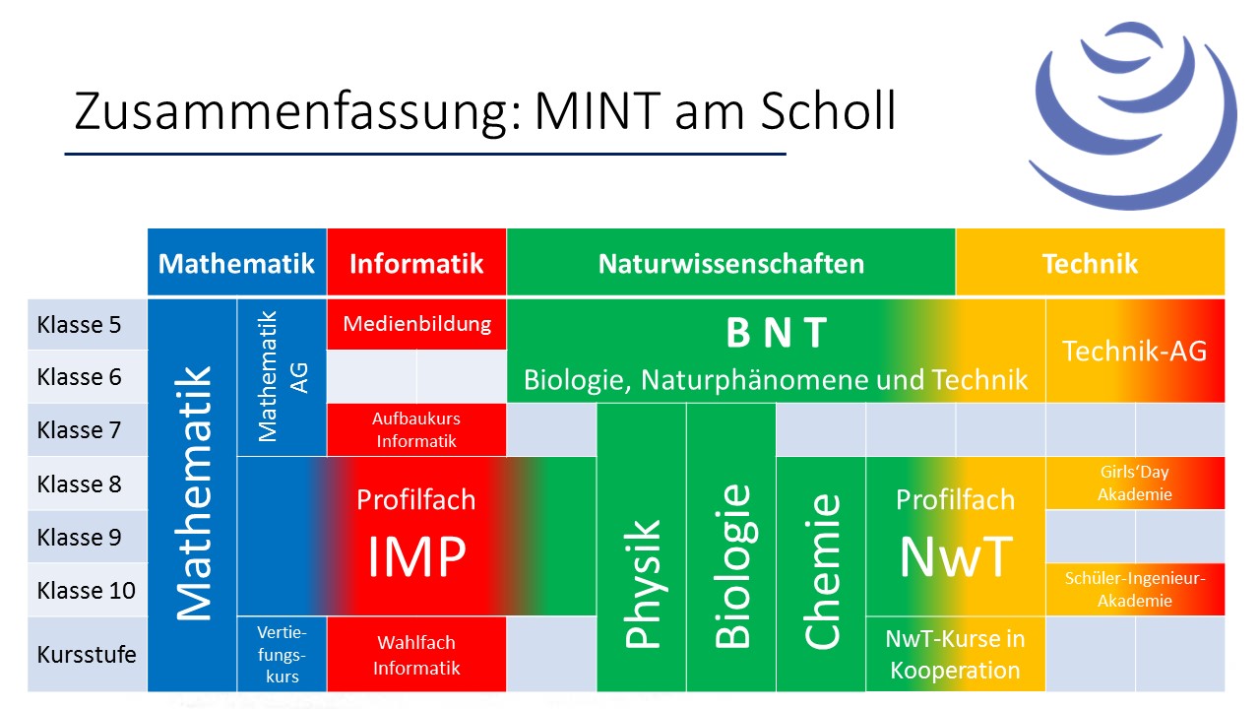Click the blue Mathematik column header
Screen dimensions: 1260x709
click(237, 262)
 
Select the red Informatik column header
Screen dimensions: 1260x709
click(416, 262)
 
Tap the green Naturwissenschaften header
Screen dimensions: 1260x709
click(730, 262)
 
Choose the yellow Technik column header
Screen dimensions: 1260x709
click(1090, 262)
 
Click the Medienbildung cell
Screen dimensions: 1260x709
click(416, 324)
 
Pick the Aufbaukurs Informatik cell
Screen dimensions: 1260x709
click(416, 430)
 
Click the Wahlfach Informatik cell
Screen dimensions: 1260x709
click(416, 655)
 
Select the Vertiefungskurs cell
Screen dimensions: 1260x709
click(282, 655)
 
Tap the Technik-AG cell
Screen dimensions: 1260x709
click(1135, 351)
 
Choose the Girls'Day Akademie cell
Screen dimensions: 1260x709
click(1135, 483)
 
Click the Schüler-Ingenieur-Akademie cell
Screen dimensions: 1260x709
click(1135, 589)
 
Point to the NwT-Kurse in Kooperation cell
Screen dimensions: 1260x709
click(955, 655)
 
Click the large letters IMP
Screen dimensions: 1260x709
click(416, 556)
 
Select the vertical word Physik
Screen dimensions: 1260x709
click(642, 584)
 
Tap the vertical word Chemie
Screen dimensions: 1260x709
click(822, 571)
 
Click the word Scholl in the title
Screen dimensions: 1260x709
click(828, 110)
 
